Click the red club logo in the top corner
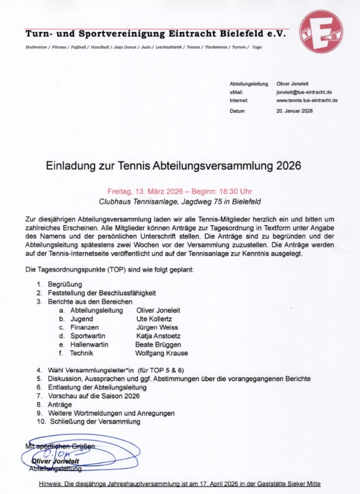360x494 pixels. [320, 31]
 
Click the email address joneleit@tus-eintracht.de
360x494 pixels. [304, 92]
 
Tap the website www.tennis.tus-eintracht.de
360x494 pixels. [307, 101]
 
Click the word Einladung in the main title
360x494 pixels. [70, 165]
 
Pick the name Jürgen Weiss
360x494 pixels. [157, 327]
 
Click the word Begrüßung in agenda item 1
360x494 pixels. [65, 284]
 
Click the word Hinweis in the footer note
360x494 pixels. [52, 484]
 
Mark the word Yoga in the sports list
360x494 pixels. [257, 47]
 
